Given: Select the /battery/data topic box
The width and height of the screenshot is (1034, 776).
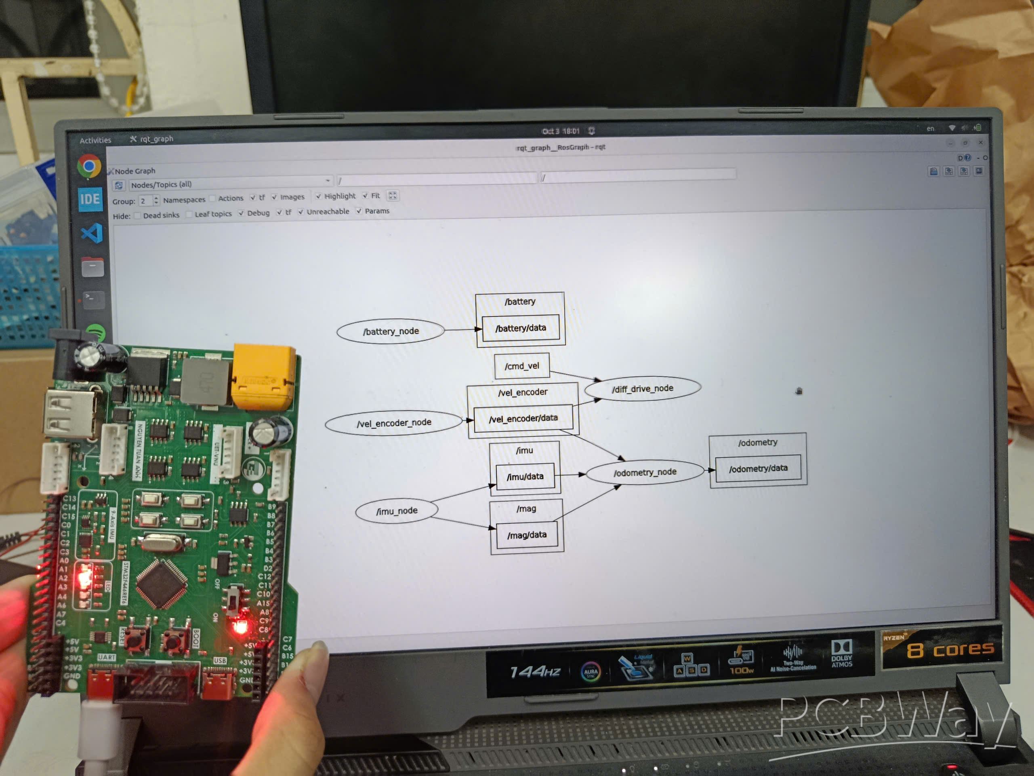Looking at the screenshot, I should click(520, 328).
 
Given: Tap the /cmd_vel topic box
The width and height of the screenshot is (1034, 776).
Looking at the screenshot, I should click(522, 366).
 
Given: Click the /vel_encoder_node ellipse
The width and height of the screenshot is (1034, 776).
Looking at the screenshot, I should click(393, 423).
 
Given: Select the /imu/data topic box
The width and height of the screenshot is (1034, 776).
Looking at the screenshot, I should click(525, 477).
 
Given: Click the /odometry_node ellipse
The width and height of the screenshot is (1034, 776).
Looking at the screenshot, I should click(645, 472).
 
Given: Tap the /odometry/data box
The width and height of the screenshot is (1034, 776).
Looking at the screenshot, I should click(758, 468).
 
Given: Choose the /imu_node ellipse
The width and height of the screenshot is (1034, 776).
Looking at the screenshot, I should click(396, 511).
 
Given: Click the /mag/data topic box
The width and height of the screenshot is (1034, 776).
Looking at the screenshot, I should click(526, 535).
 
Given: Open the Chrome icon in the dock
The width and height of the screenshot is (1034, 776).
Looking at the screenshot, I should click(89, 166).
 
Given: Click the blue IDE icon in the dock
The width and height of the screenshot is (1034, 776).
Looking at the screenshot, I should click(90, 200).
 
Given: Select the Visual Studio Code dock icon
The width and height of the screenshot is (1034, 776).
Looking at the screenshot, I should click(92, 233).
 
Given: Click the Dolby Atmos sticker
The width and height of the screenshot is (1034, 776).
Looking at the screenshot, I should click(841, 654).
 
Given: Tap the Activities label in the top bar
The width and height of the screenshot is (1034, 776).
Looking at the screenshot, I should click(95, 140).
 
